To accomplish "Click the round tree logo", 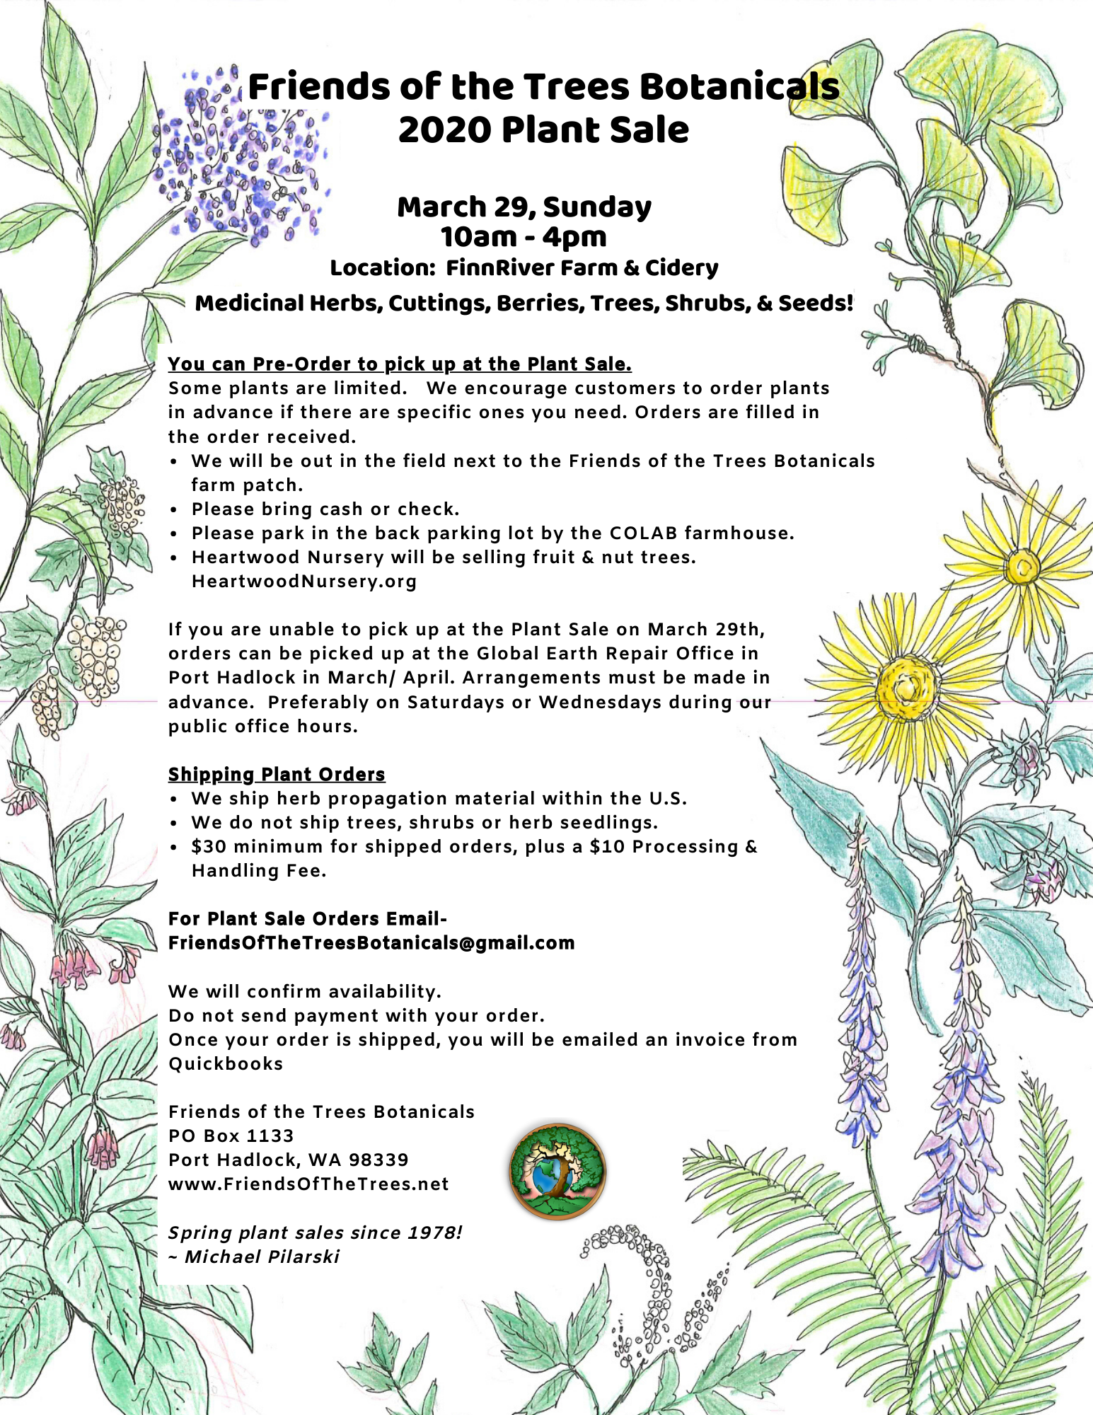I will point(557,1172).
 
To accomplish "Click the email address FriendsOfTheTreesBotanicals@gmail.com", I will point(371,943).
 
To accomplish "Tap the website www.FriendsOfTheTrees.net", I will point(308,1184).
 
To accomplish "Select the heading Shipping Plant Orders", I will point(277,774).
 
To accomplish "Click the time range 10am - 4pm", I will point(524,237).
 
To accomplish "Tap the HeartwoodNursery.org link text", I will point(304,582).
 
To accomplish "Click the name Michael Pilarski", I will point(262,1257).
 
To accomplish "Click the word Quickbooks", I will point(226,1064).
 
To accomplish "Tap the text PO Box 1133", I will point(231,1136).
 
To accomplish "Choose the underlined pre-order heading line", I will point(400,364).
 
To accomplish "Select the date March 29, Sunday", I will point(524,207).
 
